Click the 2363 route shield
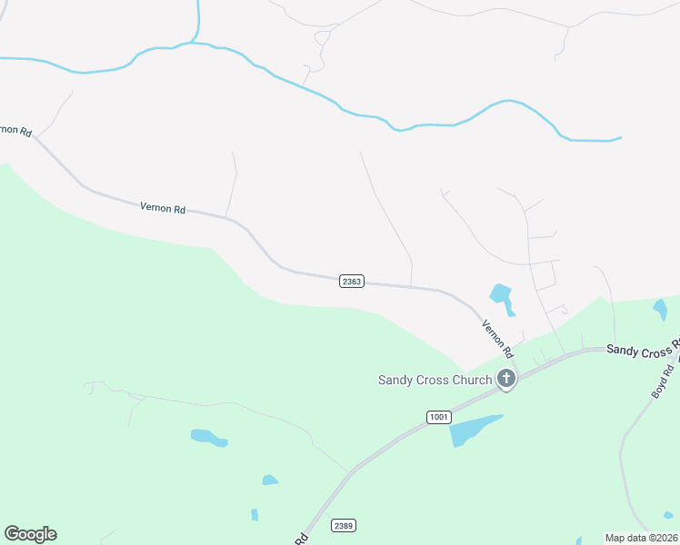352,282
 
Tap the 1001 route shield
437,417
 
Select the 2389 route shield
343,525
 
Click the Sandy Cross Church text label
435,380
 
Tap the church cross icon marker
506,379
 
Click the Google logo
30,534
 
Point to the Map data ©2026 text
642,538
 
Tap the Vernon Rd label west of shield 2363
163,208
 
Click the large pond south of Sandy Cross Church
472,430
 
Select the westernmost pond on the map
208,438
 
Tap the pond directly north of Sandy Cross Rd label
660,309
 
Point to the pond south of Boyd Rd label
669,514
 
